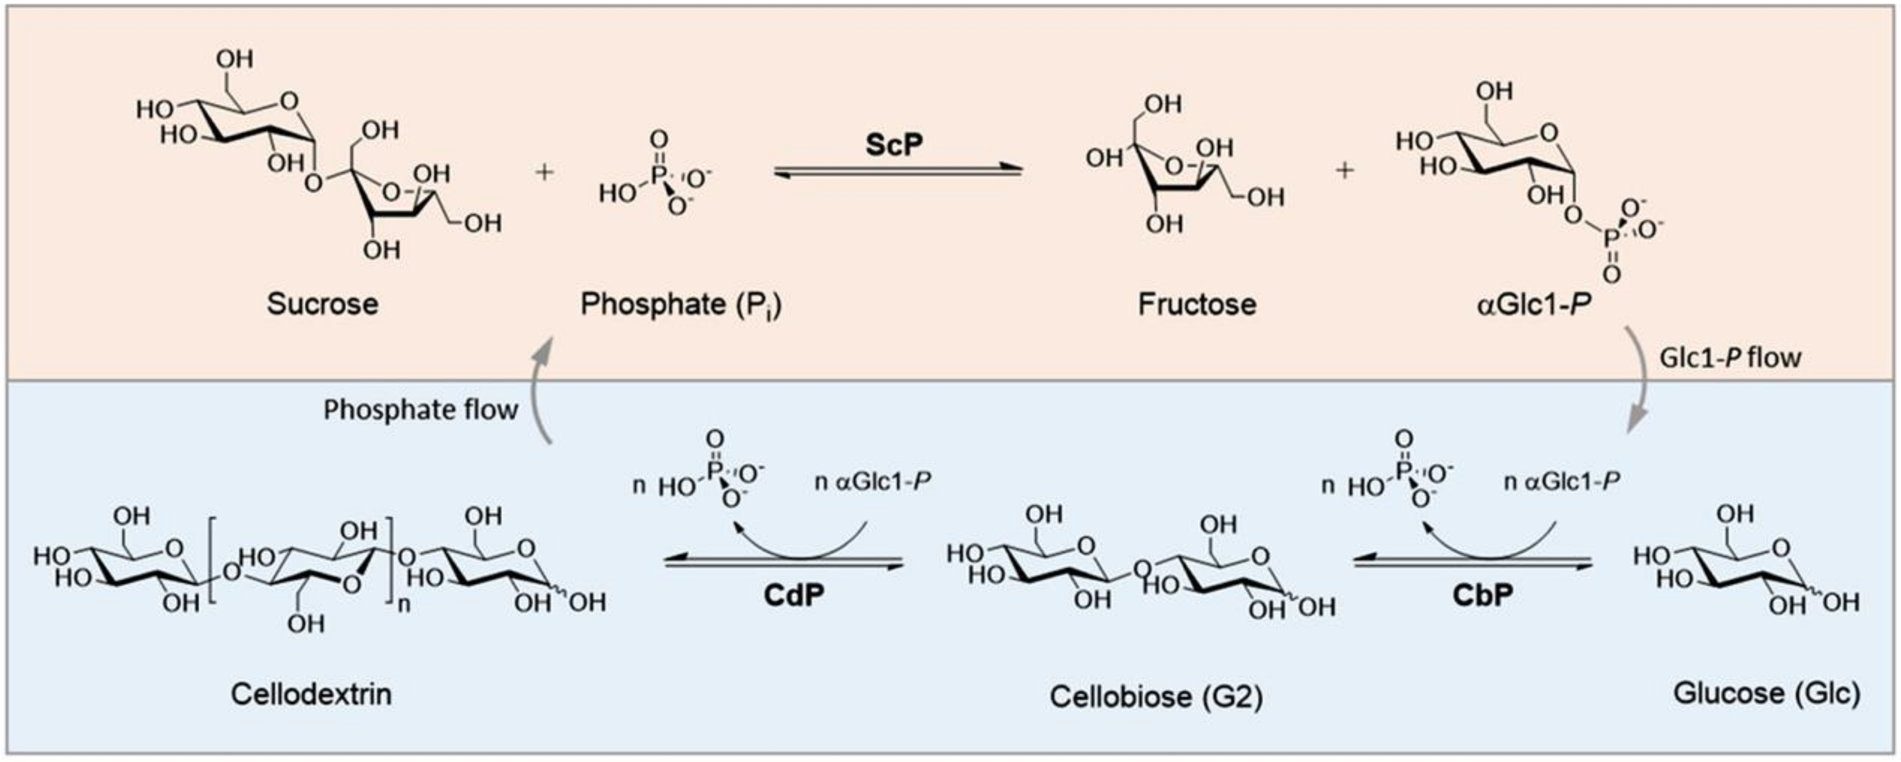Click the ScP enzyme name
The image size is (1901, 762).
[893, 145]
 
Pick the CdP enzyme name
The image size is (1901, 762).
[793, 595]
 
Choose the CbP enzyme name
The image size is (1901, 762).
[1483, 595]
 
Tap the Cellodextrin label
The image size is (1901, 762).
[311, 694]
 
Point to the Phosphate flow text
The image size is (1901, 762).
[421, 410]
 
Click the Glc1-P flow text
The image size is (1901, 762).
[1730, 358]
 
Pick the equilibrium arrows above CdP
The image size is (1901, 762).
[784, 564]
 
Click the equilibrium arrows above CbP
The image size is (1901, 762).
[1472, 564]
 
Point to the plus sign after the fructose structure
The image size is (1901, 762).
[1345, 170]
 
